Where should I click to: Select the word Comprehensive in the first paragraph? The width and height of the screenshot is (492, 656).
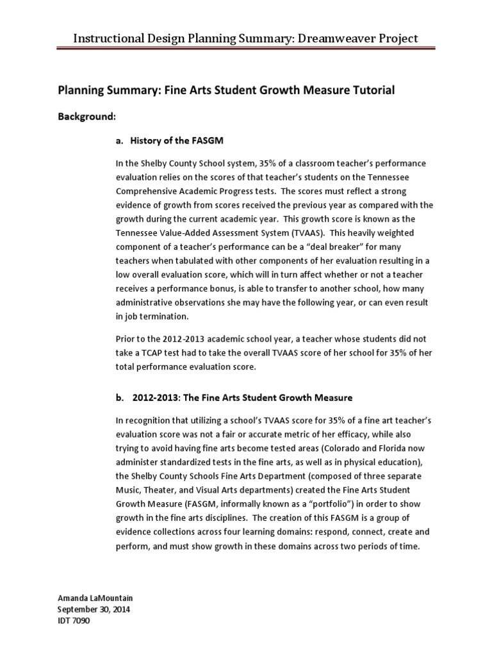tap(148, 191)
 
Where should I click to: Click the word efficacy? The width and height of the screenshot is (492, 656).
tap(348, 433)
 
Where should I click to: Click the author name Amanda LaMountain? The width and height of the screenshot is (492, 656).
tap(95, 598)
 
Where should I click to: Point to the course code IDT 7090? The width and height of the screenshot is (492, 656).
tap(75, 621)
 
